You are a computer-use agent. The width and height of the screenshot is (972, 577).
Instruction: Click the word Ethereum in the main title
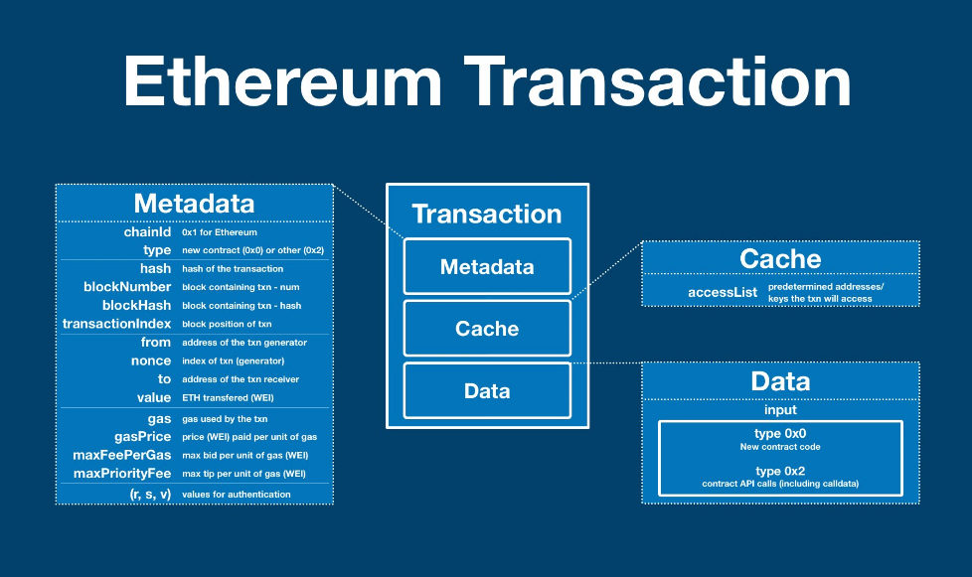(282, 81)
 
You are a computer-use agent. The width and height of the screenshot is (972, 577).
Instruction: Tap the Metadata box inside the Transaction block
(487, 266)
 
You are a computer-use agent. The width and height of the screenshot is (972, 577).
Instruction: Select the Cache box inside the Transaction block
(487, 328)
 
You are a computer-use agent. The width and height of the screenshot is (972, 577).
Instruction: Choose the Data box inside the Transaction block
(487, 390)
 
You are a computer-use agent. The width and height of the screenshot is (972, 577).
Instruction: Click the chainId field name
(147, 231)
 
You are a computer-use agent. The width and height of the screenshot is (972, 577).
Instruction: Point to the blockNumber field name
(127, 287)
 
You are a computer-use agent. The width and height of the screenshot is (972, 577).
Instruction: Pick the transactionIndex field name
(116, 323)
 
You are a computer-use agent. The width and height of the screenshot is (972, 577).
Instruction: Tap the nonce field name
(151, 361)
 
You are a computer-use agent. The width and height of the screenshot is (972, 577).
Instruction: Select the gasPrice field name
(142, 436)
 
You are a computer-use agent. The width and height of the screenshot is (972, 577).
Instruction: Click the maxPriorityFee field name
(122, 474)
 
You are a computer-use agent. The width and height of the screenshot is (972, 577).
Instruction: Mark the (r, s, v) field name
(150, 494)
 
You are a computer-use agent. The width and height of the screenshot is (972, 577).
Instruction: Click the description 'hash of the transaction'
(233, 269)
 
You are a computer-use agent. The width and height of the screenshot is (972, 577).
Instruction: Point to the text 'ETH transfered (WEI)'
(228, 397)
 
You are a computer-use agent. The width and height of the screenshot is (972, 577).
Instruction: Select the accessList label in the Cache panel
(723, 292)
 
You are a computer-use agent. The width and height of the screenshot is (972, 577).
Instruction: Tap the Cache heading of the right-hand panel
(780, 258)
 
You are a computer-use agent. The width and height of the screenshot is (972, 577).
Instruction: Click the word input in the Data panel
(780, 410)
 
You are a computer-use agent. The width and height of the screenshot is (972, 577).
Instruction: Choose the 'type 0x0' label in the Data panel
(780, 433)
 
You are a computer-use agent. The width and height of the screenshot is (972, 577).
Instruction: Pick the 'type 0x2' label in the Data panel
(780, 471)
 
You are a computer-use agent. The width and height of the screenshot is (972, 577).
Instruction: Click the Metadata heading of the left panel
(194, 203)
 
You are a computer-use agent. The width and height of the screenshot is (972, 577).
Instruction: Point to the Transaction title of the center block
(487, 214)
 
